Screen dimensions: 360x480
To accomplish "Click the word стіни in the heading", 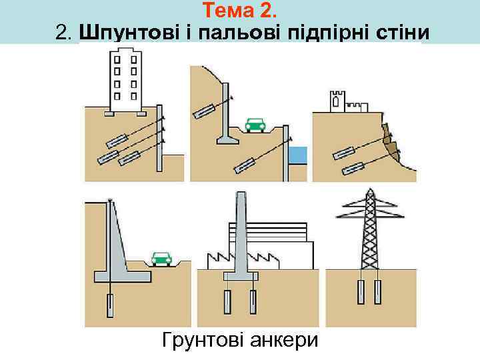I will pyautogui.click(x=398, y=32).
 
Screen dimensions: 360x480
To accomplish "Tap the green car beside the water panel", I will pyautogui.click(x=254, y=125).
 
